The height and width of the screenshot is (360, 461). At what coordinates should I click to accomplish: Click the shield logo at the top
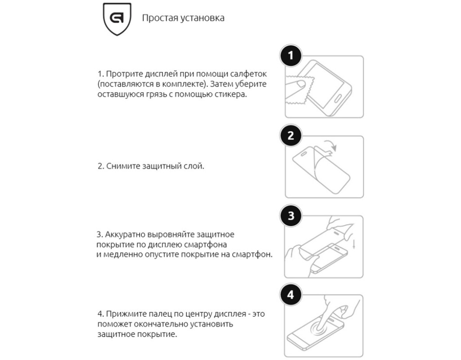[x=117, y=19]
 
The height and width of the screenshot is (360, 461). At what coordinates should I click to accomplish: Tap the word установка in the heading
[x=202, y=18]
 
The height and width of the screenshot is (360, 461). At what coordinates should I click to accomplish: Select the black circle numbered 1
[x=291, y=55]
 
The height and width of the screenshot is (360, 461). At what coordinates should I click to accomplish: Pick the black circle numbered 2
[x=291, y=135]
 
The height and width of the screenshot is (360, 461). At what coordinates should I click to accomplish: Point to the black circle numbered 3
[x=291, y=216]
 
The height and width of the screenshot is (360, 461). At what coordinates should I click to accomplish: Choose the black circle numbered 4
[x=291, y=295]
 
